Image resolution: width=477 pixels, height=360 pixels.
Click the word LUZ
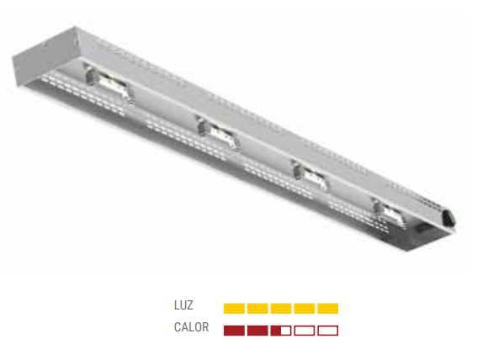pos(183,305)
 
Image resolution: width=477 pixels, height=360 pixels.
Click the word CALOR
pos(191,327)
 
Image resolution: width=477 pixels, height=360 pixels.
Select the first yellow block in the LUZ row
pos(234,309)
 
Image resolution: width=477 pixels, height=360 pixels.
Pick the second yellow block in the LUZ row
pos(257,309)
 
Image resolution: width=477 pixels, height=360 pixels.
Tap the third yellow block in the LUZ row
pos(281,309)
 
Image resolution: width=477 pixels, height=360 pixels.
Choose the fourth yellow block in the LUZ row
pos(305,309)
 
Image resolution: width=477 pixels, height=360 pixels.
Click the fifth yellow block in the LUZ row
pos(327,309)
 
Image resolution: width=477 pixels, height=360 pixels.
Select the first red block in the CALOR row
pos(234,331)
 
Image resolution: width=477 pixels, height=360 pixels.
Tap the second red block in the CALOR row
pos(257,331)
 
